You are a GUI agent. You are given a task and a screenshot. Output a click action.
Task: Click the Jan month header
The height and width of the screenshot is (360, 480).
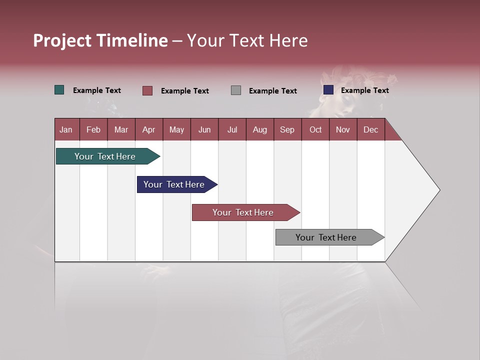(66, 129)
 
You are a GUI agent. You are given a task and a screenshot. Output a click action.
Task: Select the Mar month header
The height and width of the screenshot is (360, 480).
(121, 129)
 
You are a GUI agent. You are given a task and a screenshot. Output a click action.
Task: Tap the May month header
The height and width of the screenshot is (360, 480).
(176, 129)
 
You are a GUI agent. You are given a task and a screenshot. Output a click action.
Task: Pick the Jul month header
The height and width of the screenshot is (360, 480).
(232, 129)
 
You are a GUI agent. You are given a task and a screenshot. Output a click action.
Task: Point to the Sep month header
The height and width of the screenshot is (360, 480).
(287, 129)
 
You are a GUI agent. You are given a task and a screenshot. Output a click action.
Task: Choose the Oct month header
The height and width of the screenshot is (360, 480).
(315, 129)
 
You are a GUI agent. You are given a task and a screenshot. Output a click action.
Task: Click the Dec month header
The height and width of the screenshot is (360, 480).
(370, 129)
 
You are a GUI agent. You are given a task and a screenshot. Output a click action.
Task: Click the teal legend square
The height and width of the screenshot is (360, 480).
(59, 90)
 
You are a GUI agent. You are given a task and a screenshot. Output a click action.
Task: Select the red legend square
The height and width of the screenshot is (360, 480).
(147, 90)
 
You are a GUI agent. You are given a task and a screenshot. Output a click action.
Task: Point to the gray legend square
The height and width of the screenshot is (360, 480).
(236, 90)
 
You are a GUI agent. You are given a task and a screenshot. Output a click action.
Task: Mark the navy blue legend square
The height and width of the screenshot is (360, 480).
(328, 90)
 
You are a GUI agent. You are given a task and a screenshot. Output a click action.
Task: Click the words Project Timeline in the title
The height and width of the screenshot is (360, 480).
(100, 40)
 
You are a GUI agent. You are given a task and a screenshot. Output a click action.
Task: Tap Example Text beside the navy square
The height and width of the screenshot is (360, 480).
(364, 90)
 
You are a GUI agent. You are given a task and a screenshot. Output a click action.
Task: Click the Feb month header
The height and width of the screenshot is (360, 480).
(93, 129)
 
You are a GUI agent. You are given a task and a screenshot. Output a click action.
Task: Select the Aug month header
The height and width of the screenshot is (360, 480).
(259, 129)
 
